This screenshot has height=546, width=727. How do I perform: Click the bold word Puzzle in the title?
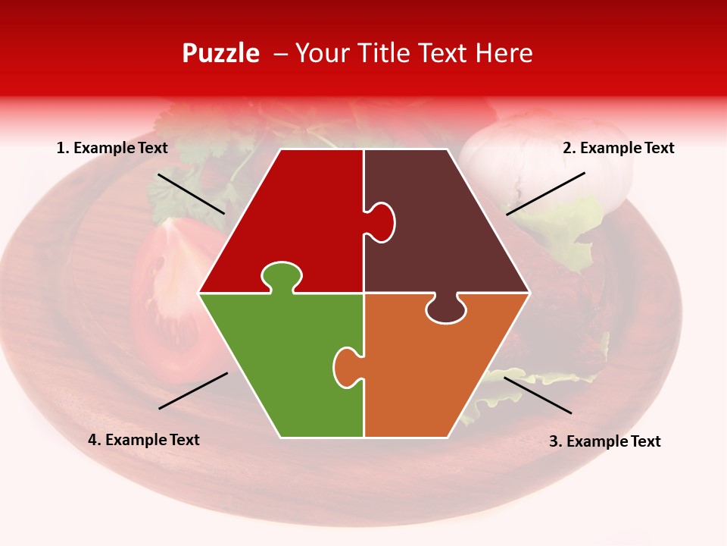coord(220,53)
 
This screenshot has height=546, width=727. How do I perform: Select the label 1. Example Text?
coord(112,148)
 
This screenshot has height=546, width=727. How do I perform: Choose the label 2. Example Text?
coord(618,148)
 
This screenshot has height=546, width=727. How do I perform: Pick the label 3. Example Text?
coord(604,441)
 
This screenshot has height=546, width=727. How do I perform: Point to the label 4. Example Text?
coord(144,440)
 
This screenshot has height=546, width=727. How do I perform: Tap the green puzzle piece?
coord(280,364)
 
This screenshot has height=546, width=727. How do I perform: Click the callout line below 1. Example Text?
coord(191,193)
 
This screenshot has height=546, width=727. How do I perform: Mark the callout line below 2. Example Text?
coord(545,193)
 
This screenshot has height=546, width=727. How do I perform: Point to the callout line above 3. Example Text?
coord(538,395)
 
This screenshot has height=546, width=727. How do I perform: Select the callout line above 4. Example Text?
coord(193,391)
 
